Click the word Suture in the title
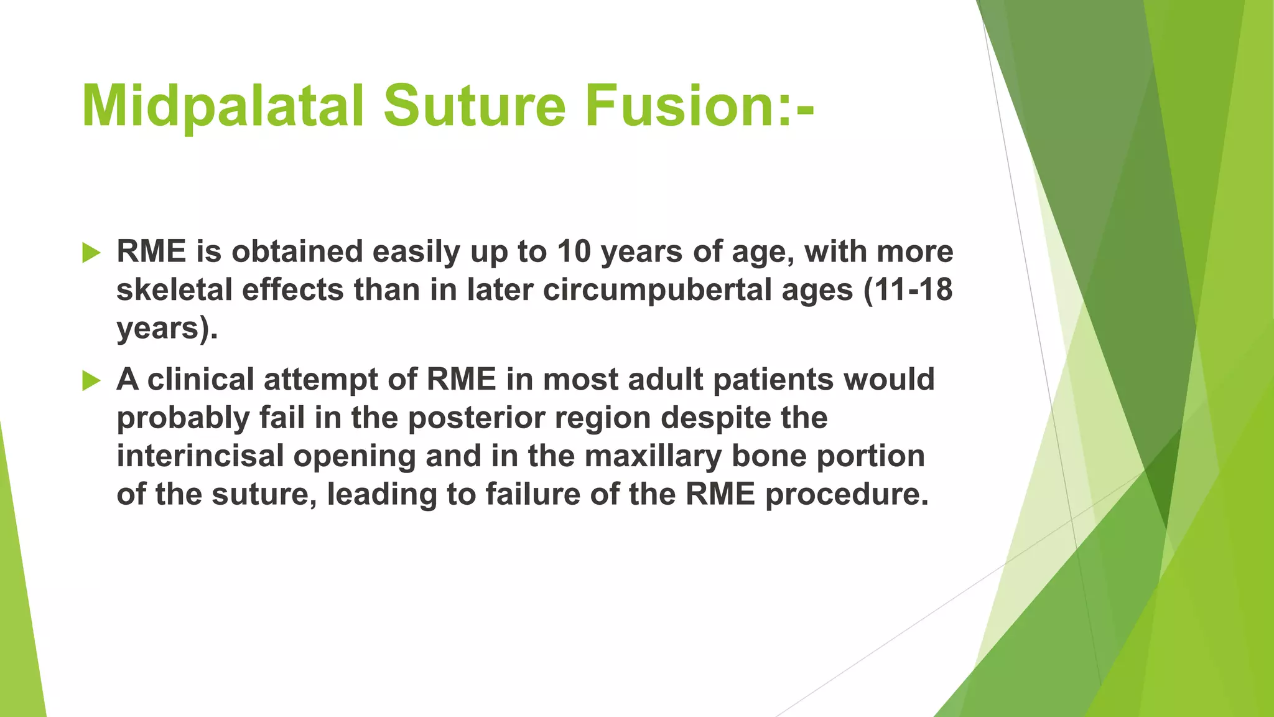point(474,106)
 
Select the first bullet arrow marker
point(91,253)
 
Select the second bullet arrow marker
point(91,381)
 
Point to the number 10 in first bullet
point(574,251)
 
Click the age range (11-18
point(908,290)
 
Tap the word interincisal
point(200,456)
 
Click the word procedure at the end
point(846,495)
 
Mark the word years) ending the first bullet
point(167,329)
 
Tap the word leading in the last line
point(381,495)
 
